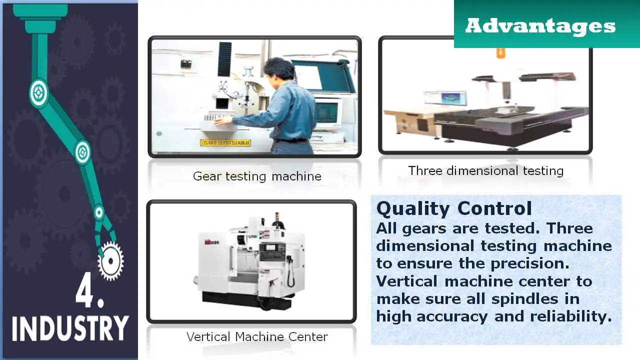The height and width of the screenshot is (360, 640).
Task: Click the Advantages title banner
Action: point(540,25)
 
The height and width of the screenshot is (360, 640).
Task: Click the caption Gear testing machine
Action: point(257,176)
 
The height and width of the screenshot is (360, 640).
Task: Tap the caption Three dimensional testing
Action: point(485,171)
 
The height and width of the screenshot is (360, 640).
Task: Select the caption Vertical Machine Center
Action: point(257,337)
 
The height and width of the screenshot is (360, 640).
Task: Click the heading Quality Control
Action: point(454,208)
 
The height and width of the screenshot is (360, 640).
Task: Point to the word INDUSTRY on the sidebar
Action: point(69,328)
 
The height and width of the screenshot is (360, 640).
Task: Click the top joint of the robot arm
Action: point(38,92)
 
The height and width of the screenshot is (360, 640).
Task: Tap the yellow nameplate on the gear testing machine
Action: point(225,143)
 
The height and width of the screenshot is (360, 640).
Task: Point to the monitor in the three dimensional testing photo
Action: point(444,98)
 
